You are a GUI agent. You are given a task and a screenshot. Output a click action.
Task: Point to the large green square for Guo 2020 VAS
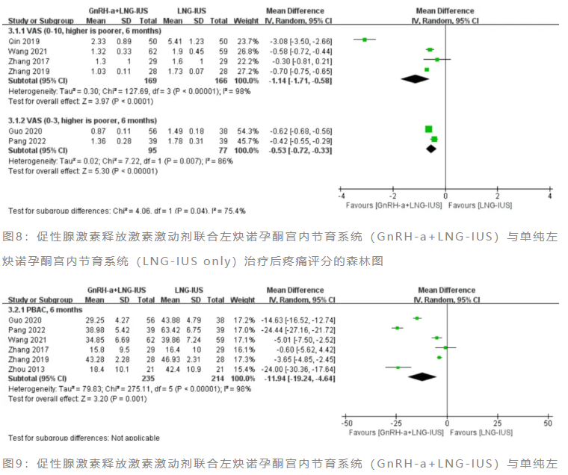(x=428, y=129)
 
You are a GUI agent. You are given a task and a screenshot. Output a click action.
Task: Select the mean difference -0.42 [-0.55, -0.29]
(x=302, y=140)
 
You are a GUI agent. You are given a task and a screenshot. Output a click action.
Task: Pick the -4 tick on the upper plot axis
(x=341, y=196)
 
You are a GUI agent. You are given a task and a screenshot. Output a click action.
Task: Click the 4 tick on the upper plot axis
(x=549, y=196)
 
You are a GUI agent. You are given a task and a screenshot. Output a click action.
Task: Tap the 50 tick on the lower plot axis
(x=548, y=423)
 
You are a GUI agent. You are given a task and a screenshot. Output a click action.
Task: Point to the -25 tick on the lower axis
(x=397, y=423)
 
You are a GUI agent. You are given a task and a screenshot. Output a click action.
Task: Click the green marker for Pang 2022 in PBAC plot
(x=398, y=328)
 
